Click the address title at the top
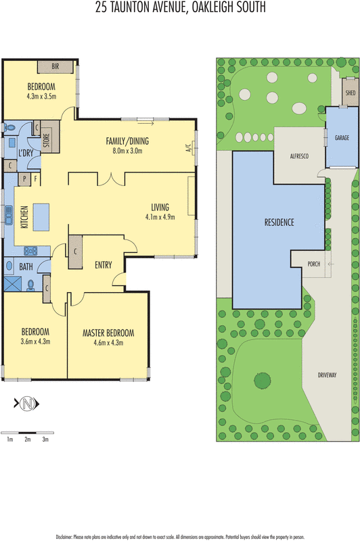[x=180, y=9]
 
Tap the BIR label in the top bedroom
[x=55, y=67]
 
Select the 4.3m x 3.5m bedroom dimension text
[x=41, y=97]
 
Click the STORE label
[x=47, y=141]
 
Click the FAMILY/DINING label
[x=127, y=141]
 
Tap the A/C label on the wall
[x=189, y=149]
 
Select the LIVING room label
[x=160, y=207]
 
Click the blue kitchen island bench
[x=41, y=218]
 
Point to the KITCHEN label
[x=24, y=218]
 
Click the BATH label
[x=26, y=267]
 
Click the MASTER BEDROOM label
[x=108, y=333]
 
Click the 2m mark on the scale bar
[x=28, y=440]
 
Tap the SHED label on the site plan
[x=350, y=92]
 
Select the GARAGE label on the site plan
[x=342, y=136]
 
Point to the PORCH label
[x=313, y=264]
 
